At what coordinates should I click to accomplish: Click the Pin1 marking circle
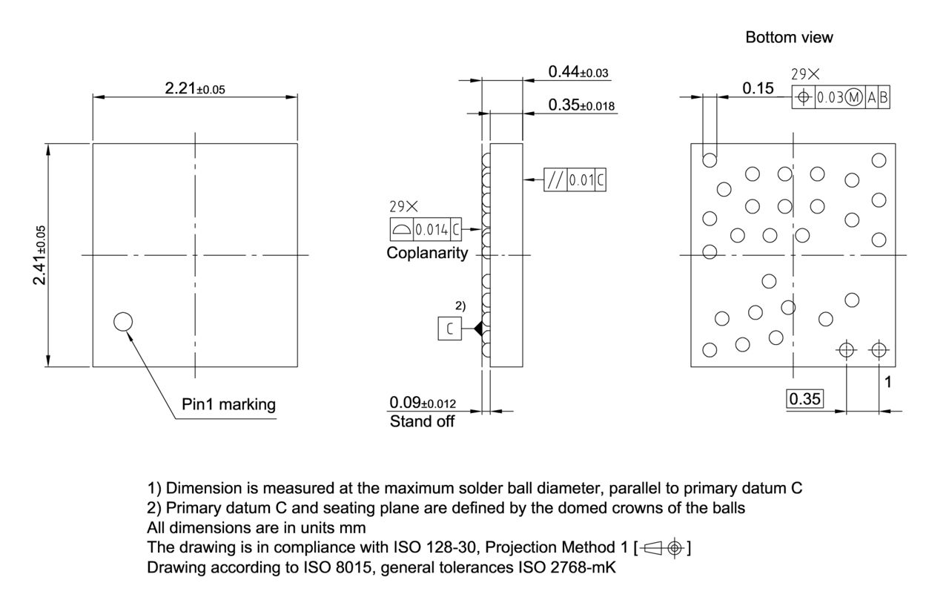(123, 321)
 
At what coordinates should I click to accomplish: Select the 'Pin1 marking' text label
(228, 404)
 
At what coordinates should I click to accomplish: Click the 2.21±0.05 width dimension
(194, 88)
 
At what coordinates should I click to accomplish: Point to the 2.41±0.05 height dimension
(41, 254)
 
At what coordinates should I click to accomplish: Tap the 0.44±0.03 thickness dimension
(578, 71)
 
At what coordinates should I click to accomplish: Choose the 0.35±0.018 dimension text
(581, 105)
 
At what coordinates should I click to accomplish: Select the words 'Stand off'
(422, 422)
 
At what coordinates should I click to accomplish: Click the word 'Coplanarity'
(427, 253)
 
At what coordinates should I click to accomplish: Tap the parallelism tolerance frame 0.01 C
(575, 179)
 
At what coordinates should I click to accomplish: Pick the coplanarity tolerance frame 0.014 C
(426, 230)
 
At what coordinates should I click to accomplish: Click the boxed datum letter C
(449, 329)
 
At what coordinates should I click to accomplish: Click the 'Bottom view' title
(789, 37)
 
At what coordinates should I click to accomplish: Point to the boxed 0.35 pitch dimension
(804, 399)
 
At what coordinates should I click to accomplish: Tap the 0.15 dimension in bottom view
(758, 88)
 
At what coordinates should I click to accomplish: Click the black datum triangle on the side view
(478, 328)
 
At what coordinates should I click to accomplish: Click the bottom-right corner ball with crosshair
(879, 349)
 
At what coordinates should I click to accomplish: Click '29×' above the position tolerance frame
(806, 74)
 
